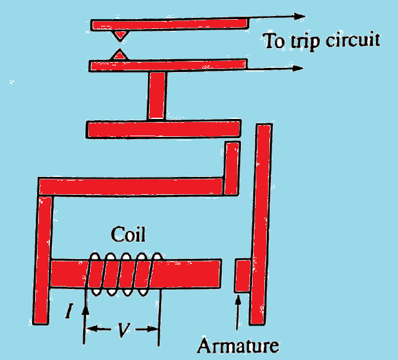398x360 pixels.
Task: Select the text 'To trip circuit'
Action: click(x=321, y=41)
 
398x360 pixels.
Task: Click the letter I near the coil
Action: click(x=70, y=313)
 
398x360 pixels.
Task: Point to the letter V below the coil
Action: click(x=123, y=331)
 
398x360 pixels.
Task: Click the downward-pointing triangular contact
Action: click(x=119, y=35)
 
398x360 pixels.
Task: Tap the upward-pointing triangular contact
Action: click(x=118, y=55)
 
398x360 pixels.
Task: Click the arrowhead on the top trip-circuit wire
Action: click(x=301, y=17)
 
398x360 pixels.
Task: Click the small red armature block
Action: click(x=242, y=276)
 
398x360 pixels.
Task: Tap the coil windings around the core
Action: click(x=126, y=273)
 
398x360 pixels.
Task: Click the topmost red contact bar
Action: click(x=169, y=25)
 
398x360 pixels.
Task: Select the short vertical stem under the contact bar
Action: click(x=156, y=96)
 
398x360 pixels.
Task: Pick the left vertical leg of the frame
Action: click(x=45, y=259)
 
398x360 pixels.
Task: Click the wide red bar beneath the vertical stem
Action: click(x=163, y=129)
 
